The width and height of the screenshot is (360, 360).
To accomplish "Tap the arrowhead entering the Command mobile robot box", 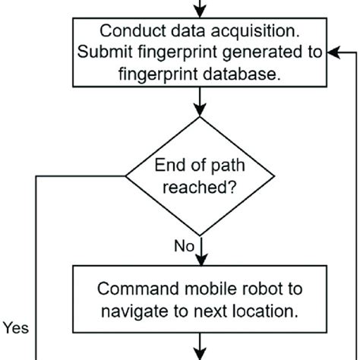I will (200, 257).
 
